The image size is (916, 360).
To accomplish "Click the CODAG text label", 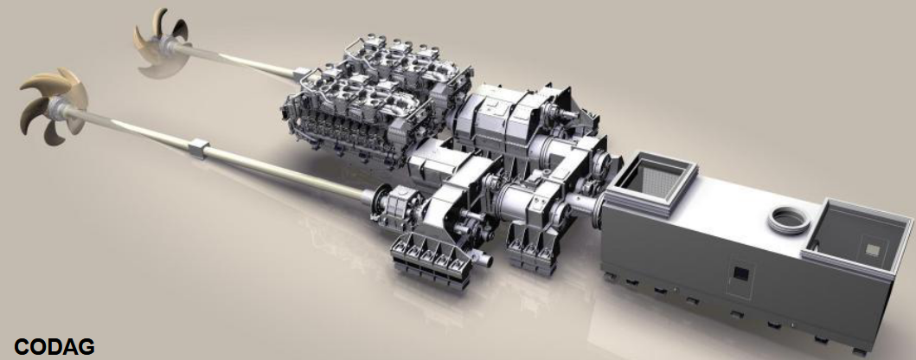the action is pyautogui.click(x=54, y=346).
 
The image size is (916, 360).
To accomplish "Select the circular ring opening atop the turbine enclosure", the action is pyautogui.click(x=789, y=221).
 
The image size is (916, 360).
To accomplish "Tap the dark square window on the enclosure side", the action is pyautogui.click(x=740, y=273).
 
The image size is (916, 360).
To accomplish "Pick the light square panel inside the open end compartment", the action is pyautogui.click(x=874, y=249).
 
